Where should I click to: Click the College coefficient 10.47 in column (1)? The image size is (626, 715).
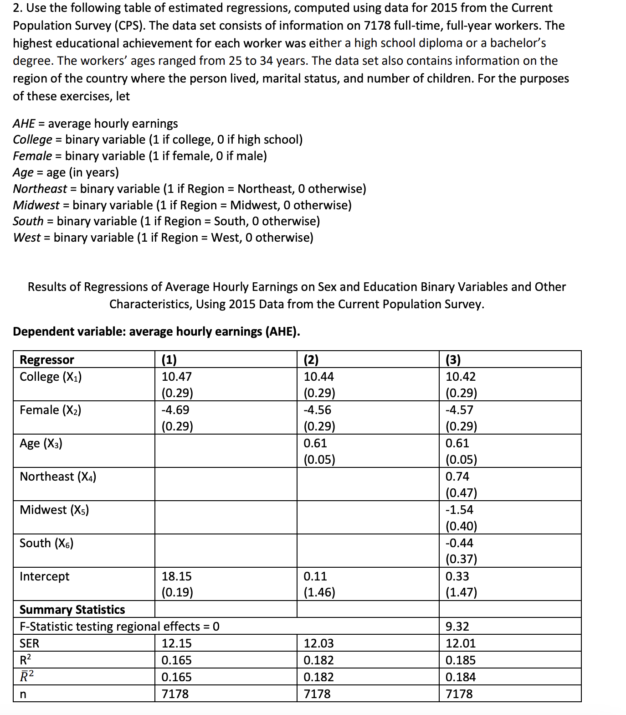pyautogui.click(x=177, y=377)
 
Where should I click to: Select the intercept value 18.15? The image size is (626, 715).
pyautogui.click(x=177, y=576)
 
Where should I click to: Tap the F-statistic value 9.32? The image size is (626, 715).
pyautogui.click(x=457, y=627)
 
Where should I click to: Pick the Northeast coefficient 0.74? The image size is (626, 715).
pyautogui.click(x=457, y=477)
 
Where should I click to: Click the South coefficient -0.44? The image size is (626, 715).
pyautogui.click(x=459, y=543)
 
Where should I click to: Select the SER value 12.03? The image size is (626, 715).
pyautogui.click(x=318, y=643)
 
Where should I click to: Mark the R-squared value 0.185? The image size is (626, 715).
pyautogui.click(x=461, y=660)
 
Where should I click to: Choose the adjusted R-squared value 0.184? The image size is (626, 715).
pyautogui.click(x=461, y=677)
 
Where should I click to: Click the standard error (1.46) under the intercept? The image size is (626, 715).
pyautogui.click(x=319, y=592)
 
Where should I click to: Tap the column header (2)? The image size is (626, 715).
pyautogui.click(x=311, y=360)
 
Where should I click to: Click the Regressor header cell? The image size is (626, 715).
pyautogui.click(x=47, y=360)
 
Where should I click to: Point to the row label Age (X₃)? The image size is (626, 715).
pyautogui.click(x=41, y=443)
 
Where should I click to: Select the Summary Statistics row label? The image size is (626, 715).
pyautogui.click(x=72, y=610)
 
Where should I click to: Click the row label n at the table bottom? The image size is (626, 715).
pyautogui.click(x=23, y=694)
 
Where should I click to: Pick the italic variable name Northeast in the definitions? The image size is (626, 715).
pyautogui.click(x=40, y=189)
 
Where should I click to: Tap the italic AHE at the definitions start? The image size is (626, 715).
pyautogui.click(x=24, y=124)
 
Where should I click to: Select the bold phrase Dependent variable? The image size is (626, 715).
pyautogui.click(x=69, y=332)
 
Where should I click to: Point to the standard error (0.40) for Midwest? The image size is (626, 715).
pyautogui.click(x=461, y=526)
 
